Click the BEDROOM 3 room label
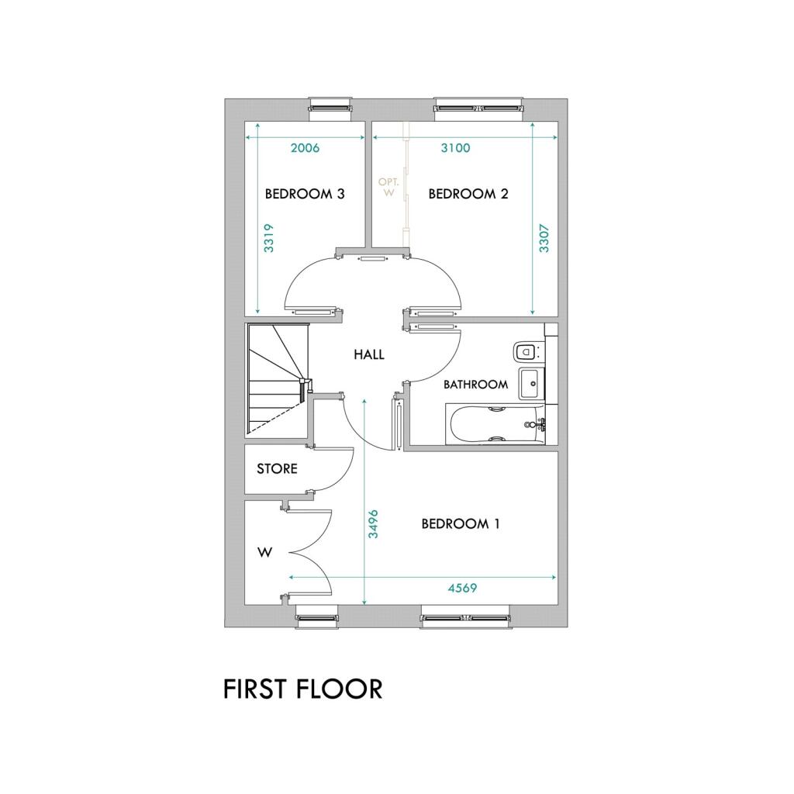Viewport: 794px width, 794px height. click(x=305, y=194)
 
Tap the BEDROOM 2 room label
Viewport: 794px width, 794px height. click(x=468, y=194)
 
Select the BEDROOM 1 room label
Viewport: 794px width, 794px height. click(x=460, y=524)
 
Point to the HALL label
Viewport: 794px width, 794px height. click(x=369, y=355)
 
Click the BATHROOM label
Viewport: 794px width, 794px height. click(x=475, y=384)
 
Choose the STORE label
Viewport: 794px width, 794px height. click(x=277, y=469)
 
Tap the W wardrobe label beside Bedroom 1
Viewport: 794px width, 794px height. click(x=265, y=553)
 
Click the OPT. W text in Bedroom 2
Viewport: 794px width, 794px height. click(x=388, y=188)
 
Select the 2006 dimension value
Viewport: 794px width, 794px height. click(x=305, y=148)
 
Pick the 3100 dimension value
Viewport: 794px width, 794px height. click(x=455, y=148)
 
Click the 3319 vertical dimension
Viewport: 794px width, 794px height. click(x=268, y=239)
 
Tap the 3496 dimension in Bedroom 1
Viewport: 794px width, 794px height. click(x=373, y=524)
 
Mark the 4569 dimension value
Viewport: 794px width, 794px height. click(x=462, y=589)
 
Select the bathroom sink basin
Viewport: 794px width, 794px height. click(x=531, y=381)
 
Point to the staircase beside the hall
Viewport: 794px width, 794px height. click(x=275, y=378)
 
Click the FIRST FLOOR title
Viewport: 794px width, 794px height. click(x=302, y=689)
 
